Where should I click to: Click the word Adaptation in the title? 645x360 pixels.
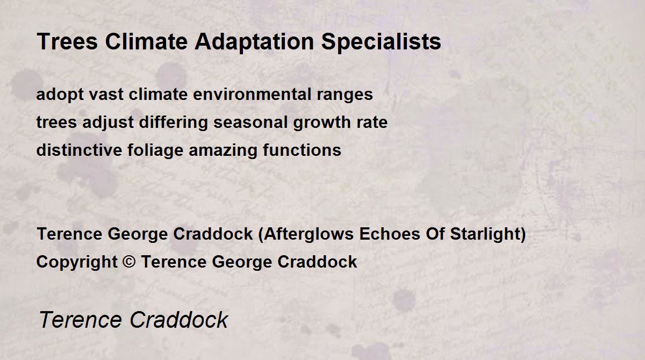pyautogui.click(x=254, y=42)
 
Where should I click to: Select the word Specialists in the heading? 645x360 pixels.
pyautogui.click(x=381, y=42)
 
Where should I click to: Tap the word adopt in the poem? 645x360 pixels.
pyautogui.click(x=60, y=95)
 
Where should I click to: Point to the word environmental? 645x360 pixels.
pyautogui.click(x=252, y=94)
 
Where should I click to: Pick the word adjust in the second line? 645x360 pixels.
pyautogui.click(x=108, y=123)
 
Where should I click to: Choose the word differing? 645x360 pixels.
pyautogui.click(x=173, y=123)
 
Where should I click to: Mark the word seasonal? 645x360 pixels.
pyautogui.click(x=250, y=122)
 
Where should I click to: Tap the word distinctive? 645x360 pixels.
pyautogui.click(x=79, y=150)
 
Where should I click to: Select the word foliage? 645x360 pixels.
pyautogui.click(x=155, y=150)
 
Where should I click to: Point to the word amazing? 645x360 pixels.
pyautogui.click(x=223, y=150)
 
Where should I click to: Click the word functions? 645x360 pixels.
pyautogui.click(x=302, y=150)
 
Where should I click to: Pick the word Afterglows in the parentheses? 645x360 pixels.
pyautogui.click(x=309, y=234)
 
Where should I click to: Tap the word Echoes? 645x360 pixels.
pyautogui.click(x=390, y=234)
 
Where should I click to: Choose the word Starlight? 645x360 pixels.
pyautogui.click(x=485, y=234)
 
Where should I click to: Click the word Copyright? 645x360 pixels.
pyautogui.click(x=77, y=262)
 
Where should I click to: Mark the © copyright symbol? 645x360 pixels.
pyautogui.click(x=129, y=262)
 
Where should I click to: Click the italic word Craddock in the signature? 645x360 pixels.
pyautogui.click(x=179, y=320)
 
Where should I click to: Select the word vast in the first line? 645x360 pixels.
pyautogui.click(x=106, y=95)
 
